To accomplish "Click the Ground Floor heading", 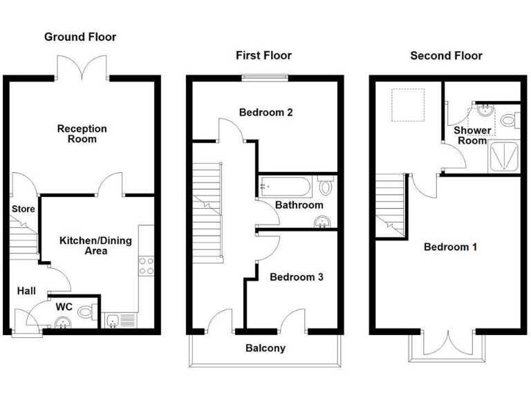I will [x=80, y=37].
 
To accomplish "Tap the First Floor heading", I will [x=263, y=55].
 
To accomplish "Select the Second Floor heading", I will [x=446, y=55].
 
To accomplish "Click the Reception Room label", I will [x=82, y=133].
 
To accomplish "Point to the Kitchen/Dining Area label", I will [x=95, y=245].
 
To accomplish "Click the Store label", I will [x=23, y=209].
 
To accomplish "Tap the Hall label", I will [x=26, y=291].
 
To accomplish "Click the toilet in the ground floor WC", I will [x=86, y=313].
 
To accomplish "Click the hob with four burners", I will [x=146, y=265].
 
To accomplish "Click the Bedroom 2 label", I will [x=266, y=112].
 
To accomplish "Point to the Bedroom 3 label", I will [x=296, y=277].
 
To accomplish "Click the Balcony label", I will [x=265, y=348].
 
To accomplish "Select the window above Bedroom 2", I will [x=263, y=77].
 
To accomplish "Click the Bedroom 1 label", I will [x=450, y=247].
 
